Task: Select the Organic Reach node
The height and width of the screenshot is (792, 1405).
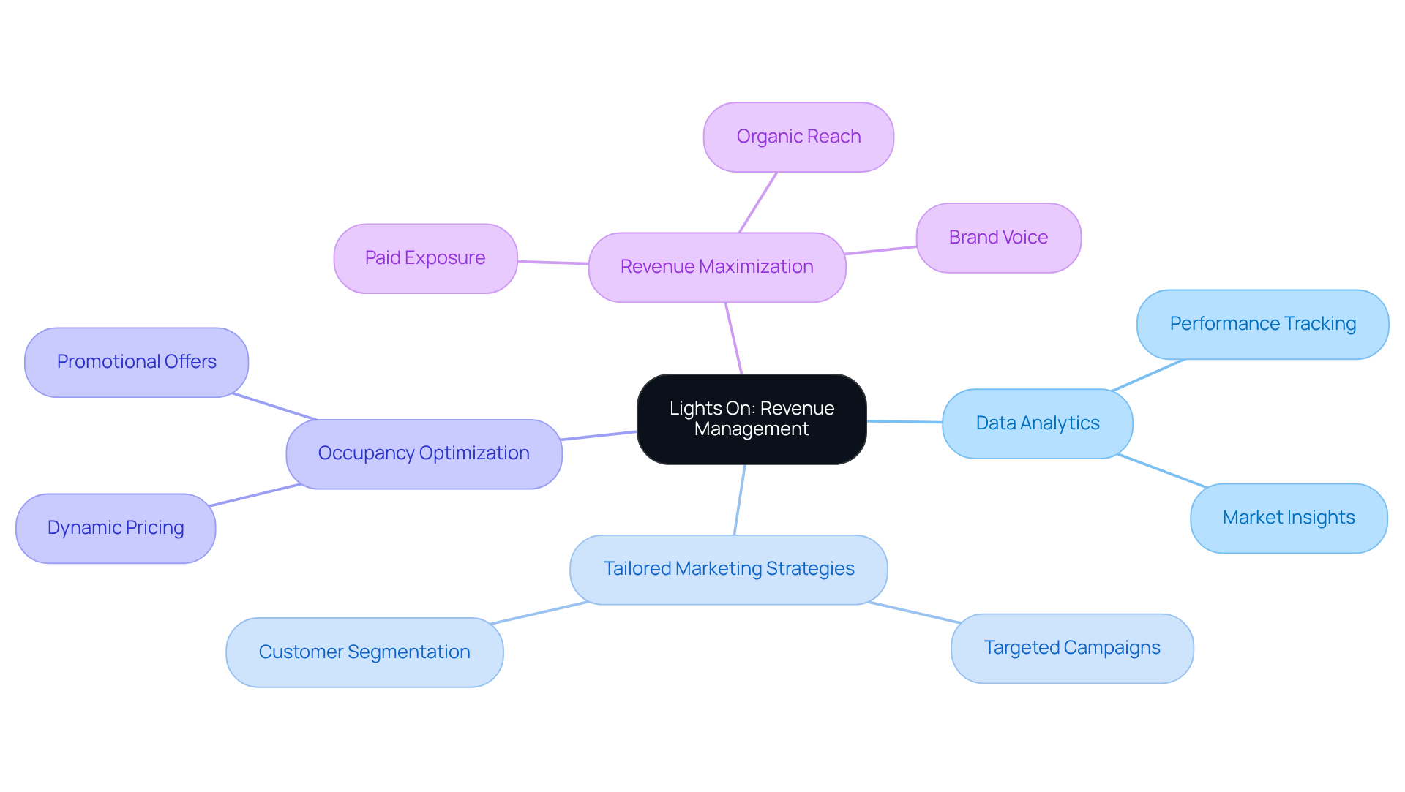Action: pos(798,137)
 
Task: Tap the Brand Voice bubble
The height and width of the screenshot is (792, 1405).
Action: pos(998,238)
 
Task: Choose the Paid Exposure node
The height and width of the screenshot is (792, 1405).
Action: pos(425,258)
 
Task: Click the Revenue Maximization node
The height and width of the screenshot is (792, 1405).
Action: pos(716,267)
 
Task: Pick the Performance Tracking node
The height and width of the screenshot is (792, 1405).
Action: pos(1262,324)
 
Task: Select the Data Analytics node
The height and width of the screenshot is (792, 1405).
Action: pos(1037,423)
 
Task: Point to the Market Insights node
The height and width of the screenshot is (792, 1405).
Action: pos(1288,518)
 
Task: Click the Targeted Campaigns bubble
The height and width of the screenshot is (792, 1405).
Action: pos(1071,648)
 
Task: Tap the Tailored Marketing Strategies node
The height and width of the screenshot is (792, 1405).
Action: pos(728,569)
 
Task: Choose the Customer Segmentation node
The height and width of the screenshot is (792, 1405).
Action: pos(364,652)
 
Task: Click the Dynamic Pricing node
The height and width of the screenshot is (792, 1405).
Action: pos(115,528)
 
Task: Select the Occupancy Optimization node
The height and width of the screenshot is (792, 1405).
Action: pos(423,453)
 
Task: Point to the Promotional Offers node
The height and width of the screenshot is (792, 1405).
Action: pos(136,362)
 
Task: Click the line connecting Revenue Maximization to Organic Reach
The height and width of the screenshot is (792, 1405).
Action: pos(758,203)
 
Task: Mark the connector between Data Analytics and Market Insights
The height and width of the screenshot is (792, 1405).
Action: pos(1162,471)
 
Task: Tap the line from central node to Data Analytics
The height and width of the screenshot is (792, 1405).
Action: pos(904,422)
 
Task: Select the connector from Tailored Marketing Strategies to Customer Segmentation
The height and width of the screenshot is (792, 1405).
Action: pos(540,613)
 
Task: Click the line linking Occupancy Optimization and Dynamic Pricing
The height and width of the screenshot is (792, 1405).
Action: pos(255,495)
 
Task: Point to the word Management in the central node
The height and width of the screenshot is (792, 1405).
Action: pos(752,429)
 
